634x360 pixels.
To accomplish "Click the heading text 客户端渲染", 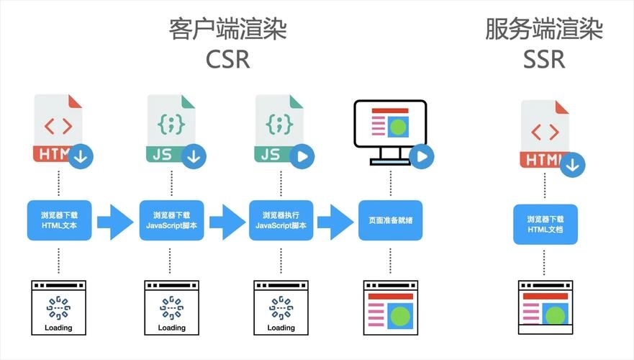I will pos(227,30).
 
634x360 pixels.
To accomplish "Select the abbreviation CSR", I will pos(227,59).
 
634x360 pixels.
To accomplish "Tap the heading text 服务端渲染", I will pos(543,30).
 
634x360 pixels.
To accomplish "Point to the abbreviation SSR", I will pos(543,59).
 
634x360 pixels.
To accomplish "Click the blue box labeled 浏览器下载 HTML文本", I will pos(59,220).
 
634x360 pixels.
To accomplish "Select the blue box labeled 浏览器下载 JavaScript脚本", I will pos(171,220).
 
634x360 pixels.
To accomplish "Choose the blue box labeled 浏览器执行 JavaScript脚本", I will pos(281,220).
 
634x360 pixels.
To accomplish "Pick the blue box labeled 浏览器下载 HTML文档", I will pos(545,225).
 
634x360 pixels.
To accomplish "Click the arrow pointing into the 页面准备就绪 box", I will pos(335,221).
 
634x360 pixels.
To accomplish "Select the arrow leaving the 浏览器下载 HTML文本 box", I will pos(115,221).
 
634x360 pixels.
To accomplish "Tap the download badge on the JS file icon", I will pos(194,155).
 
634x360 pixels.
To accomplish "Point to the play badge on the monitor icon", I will pos(422,155).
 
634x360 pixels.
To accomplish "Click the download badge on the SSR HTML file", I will pos(572,164).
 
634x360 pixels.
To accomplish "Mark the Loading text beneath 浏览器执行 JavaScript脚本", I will pos(281,328).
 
